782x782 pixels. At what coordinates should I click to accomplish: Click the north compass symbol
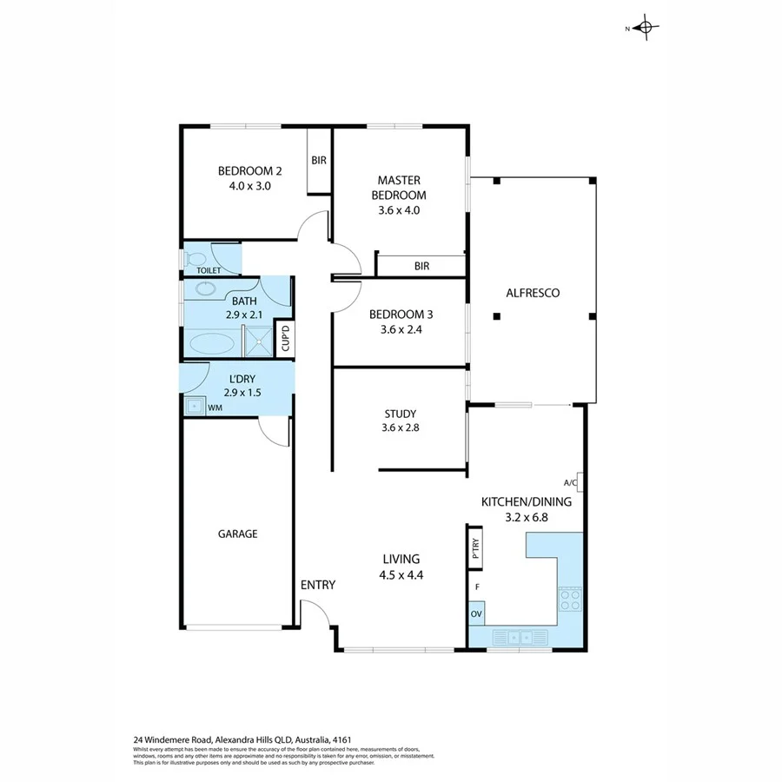click(644, 28)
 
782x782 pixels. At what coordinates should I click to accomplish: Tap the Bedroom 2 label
click(245, 170)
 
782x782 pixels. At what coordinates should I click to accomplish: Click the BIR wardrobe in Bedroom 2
click(319, 161)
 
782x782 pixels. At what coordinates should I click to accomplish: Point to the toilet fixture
click(195, 258)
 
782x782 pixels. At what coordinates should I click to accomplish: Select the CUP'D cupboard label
click(283, 339)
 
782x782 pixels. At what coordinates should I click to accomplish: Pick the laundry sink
click(193, 405)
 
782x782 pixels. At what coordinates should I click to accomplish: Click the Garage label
click(237, 534)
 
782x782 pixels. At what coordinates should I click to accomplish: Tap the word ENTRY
click(318, 585)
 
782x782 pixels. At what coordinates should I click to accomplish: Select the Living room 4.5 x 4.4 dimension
click(401, 574)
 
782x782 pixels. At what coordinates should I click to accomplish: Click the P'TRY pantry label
click(475, 548)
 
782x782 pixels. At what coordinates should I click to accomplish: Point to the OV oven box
click(475, 613)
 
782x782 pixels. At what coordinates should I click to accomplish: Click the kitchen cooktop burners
click(569, 599)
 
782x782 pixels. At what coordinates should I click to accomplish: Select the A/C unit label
click(570, 482)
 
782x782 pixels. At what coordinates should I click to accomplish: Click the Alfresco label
click(533, 294)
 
